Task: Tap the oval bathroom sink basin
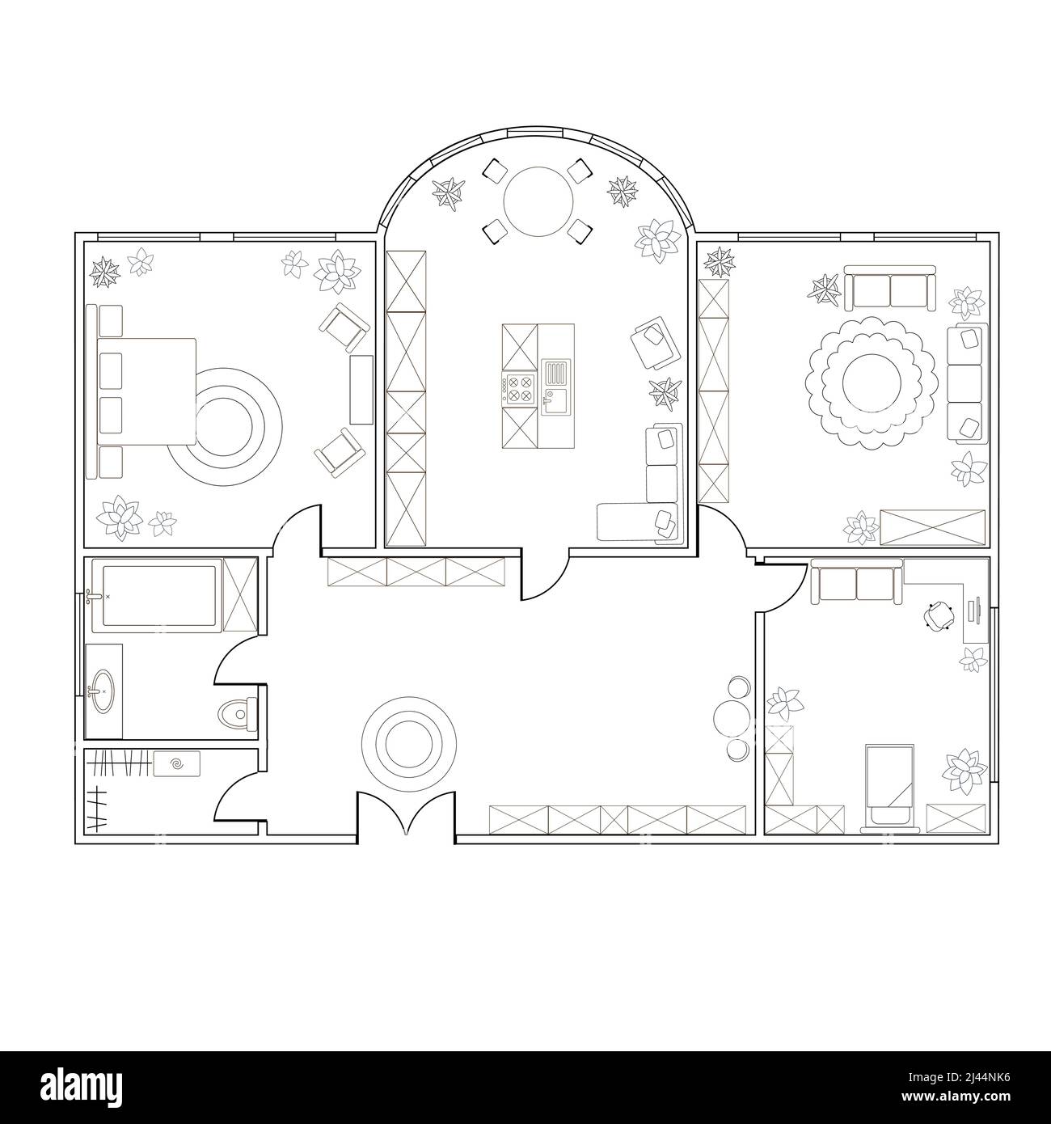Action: coord(103,691)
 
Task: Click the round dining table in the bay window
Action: coord(538,201)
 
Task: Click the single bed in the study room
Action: coord(889,784)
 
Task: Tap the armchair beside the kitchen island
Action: coord(656,343)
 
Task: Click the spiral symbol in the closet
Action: coord(178,762)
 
